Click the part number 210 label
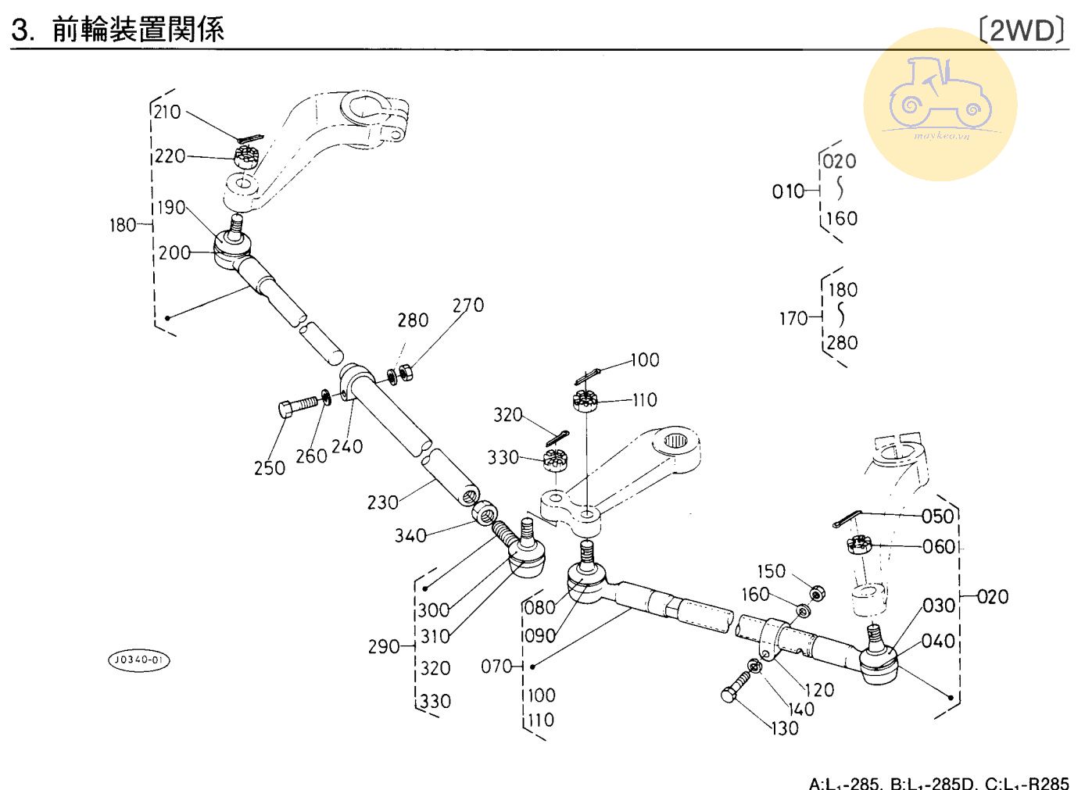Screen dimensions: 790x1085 coord(167,112)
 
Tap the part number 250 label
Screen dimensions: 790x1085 coord(269,467)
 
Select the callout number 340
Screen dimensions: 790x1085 coord(410,535)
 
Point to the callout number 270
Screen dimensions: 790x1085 coord(468,306)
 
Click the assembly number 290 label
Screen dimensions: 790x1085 coord(383,647)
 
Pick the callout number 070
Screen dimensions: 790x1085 coord(496,667)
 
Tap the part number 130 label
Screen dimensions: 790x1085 coord(784,728)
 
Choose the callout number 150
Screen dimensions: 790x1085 coord(771,571)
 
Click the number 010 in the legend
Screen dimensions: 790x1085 coord(787,191)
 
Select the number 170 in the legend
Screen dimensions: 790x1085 coord(793,319)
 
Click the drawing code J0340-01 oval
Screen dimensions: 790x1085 coord(138,660)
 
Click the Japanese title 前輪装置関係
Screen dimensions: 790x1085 coord(138,30)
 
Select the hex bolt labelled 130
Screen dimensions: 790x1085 coord(734,689)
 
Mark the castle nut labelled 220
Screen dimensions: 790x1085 coord(246,155)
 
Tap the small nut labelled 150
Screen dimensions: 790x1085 coord(815,594)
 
